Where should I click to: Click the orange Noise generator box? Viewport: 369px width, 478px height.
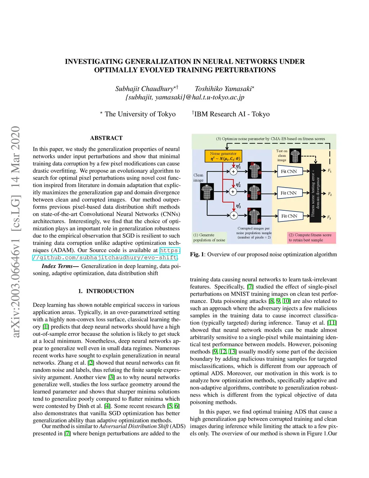pos(223,156)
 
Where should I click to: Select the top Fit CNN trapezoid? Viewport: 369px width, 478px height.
pos(289,171)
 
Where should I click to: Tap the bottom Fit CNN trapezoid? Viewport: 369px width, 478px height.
pos(289,216)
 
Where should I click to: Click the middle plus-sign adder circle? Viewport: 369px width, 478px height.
pos(233,192)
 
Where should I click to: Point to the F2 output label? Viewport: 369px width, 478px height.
pos(329,194)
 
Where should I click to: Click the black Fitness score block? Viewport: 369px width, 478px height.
pos(315,193)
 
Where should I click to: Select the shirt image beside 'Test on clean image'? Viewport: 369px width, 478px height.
pos(295,156)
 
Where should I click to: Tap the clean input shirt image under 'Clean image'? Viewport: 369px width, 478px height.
pos(207,192)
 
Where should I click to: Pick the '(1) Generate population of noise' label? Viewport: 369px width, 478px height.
pos(209,237)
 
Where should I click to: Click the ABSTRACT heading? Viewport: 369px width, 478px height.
pos(106,138)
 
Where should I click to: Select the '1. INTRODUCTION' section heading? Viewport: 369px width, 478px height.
pos(106,291)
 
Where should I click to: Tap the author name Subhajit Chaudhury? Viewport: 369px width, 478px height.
pos(145,89)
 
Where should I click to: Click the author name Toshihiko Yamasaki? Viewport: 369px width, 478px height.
pos(223,89)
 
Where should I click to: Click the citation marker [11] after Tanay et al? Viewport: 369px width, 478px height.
pos(332,323)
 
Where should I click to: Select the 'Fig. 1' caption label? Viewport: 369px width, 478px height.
pos(197,254)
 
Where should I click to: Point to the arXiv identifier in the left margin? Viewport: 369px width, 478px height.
pos(15,231)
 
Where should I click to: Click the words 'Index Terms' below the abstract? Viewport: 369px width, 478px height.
pos(57,266)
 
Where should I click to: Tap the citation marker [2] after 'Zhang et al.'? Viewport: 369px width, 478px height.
pos(91,363)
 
